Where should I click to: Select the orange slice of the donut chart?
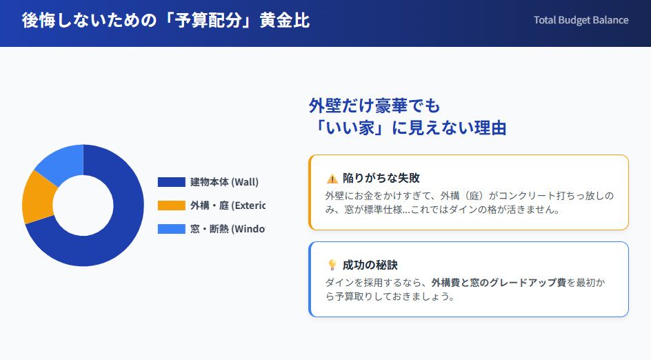click(36, 197)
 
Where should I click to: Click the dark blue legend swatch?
click(171, 182)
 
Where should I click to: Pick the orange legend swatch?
click(171, 206)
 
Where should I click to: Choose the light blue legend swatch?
click(171, 229)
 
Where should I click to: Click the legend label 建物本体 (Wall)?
click(224, 182)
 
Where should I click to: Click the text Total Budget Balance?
click(581, 20)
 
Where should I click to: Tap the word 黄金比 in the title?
click(284, 21)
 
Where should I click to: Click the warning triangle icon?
click(332, 178)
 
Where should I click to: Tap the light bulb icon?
click(332, 265)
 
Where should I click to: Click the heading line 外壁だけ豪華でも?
click(374, 106)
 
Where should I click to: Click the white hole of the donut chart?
click(83, 206)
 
